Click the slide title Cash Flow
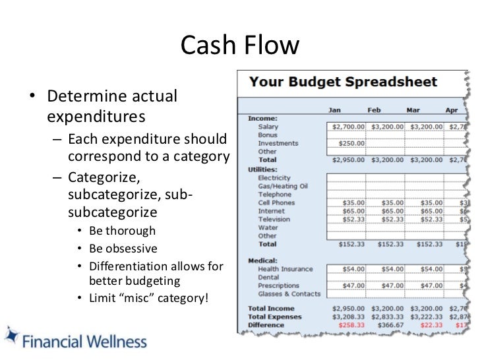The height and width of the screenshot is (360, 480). tap(240, 45)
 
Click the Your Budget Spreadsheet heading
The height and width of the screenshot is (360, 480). tap(342, 82)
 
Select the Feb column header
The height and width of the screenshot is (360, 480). tap(374, 110)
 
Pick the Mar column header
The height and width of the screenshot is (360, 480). tap(413, 110)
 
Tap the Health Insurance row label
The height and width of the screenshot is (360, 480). tap(285, 269)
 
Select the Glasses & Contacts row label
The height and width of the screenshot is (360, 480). tap(289, 294)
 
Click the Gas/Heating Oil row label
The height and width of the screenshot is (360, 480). tap(283, 186)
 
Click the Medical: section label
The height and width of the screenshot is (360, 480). tap(262, 260)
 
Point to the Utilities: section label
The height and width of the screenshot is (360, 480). tap(263, 169)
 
